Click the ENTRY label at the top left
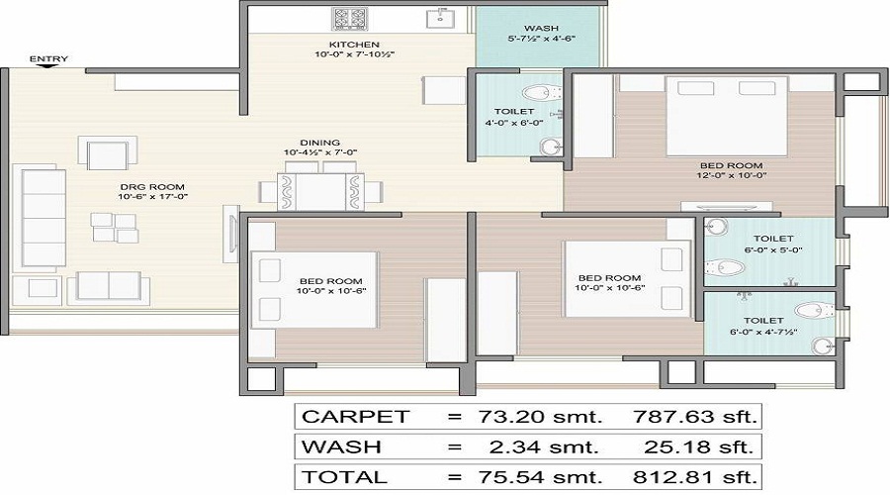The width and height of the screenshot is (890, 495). point(48,59)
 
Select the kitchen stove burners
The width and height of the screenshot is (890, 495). point(350,18)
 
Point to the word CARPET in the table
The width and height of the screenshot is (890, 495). point(354,416)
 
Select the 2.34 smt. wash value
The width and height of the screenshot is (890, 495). point(543,446)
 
